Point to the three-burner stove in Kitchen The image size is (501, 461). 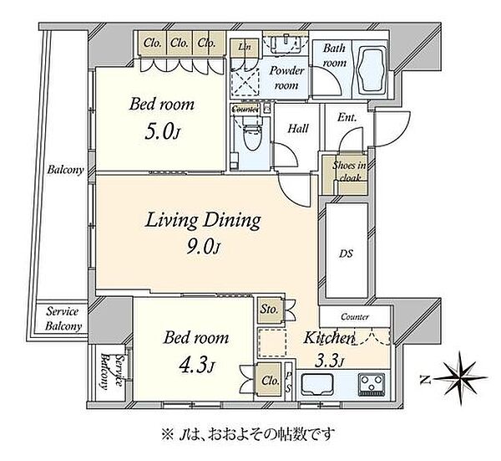click(x=372, y=384)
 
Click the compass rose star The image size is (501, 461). click(x=461, y=379)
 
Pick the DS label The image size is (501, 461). click(x=346, y=254)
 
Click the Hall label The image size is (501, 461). click(x=298, y=129)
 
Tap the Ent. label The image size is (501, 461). click(x=347, y=117)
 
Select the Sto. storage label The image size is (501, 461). click(x=269, y=310)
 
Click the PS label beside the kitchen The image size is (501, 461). click(x=288, y=382)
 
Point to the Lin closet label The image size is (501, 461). click(x=245, y=47)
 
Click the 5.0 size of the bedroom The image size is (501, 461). click(x=159, y=131)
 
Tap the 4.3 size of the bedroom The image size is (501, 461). click(x=194, y=366)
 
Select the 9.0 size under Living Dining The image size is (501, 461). click(x=200, y=247)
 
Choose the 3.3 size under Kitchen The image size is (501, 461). click(x=326, y=361)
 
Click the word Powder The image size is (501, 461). click(x=286, y=71)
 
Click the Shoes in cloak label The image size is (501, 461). click(x=349, y=172)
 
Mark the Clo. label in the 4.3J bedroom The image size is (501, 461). click(x=271, y=381)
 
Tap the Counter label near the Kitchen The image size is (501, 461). click(x=355, y=317)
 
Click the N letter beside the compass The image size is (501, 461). click(x=425, y=380)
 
